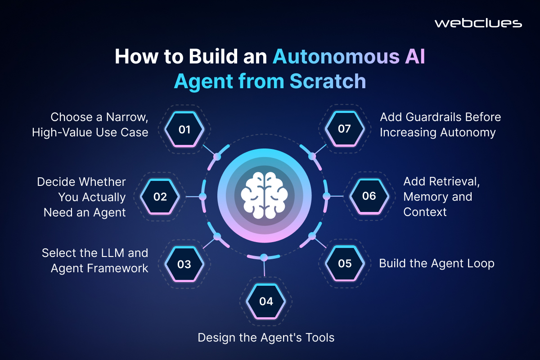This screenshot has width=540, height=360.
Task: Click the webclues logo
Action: (478, 23)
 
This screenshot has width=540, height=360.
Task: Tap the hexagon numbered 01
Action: (184, 129)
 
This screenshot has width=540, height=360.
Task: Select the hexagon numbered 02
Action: (160, 197)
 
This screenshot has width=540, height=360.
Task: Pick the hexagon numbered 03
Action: (184, 264)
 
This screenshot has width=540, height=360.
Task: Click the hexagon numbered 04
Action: (266, 301)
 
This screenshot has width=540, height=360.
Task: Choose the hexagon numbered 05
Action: (345, 263)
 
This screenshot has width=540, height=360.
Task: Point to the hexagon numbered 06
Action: (369, 196)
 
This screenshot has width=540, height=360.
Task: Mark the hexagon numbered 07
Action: (345, 129)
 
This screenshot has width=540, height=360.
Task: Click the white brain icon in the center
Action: (265, 195)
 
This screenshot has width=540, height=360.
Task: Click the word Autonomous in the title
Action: (336, 56)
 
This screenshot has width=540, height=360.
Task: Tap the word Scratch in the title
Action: (328, 81)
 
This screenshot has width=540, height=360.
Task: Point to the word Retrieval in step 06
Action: (441, 181)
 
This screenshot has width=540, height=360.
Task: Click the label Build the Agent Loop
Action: (436, 263)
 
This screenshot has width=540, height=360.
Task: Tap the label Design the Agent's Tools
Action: (266, 337)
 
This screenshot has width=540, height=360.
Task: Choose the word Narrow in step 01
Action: (127, 117)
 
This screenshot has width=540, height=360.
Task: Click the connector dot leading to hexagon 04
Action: (264, 257)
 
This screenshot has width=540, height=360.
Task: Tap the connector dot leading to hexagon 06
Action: (326, 196)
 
